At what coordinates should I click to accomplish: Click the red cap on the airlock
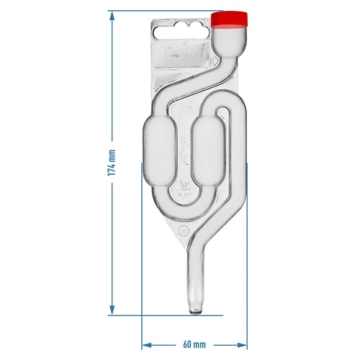(231, 18)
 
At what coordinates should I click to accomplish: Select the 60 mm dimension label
(194, 345)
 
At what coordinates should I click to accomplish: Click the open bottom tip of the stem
(194, 311)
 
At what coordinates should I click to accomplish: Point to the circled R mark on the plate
(182, 231)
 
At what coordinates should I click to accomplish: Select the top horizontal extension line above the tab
(166, 12)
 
